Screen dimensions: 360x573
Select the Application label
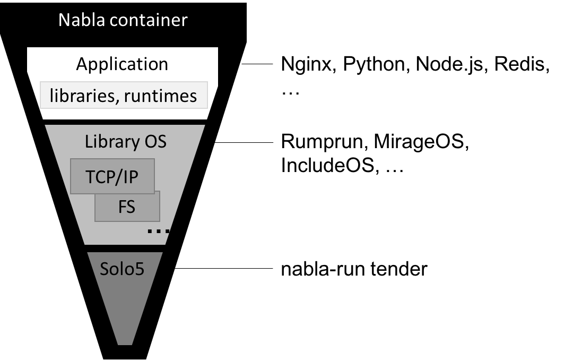pos(122,64)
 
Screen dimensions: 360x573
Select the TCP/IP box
pos(112,176)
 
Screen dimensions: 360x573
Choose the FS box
pos(127,207)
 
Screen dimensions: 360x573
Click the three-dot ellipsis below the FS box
pos(158,231)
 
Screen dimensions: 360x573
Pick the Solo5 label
pos(122,269)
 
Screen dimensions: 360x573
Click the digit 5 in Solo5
pos(140,269)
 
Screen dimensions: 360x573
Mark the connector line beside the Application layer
pos(245,64)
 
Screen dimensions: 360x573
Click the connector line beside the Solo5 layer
pos(212,269)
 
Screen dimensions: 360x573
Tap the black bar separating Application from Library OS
pos(125,122)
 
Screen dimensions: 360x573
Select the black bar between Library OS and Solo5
pos(125,248)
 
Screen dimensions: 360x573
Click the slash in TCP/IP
pos(117,176)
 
